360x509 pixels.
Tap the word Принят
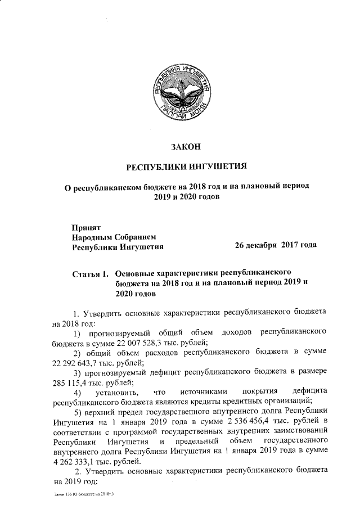coord(85,228)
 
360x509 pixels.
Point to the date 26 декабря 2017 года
coord(276,246)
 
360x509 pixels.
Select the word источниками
coord(197,391)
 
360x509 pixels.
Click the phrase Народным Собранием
coord(109,237)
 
